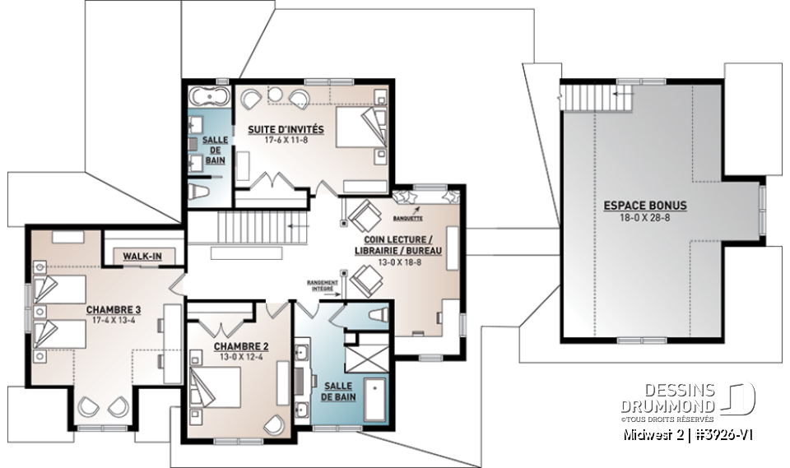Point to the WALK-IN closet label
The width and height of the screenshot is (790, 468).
(x=142, y=257)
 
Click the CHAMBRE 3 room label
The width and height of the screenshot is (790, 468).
(x=114, y=309)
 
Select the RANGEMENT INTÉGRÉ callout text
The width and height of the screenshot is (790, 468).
(x=322, y=286)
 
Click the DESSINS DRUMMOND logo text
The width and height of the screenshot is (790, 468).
(x=677, y=399)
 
